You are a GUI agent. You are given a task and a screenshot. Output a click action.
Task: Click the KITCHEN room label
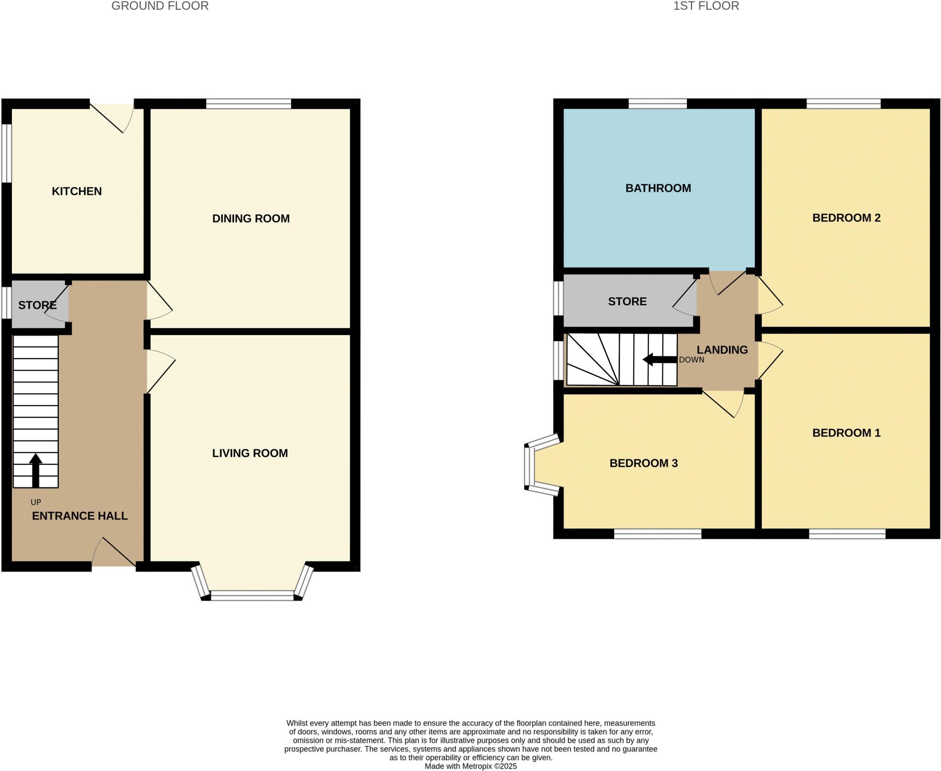77,191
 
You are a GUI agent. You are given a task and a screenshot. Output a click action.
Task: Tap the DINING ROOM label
251,218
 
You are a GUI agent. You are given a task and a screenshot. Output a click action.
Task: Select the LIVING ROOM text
250,453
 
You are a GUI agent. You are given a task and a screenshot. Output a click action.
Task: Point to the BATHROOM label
658,188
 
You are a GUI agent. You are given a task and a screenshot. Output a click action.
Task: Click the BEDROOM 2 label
846,218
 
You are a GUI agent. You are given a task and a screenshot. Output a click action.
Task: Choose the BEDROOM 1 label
846,433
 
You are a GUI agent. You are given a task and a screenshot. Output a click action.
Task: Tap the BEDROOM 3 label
643,463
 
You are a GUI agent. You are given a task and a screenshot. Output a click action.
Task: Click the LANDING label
722,350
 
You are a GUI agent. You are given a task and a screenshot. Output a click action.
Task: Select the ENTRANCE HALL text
80,516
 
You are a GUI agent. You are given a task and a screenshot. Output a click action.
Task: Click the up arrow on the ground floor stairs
36,469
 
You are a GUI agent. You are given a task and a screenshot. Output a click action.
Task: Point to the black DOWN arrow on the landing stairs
660,360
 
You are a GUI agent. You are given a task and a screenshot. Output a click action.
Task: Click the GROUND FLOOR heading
160,6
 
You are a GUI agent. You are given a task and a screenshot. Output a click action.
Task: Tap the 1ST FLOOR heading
706,6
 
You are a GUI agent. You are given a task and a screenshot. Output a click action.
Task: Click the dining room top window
249,104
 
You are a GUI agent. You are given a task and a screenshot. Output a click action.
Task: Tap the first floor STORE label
627,302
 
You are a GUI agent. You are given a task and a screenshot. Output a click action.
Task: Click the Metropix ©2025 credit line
470,766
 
